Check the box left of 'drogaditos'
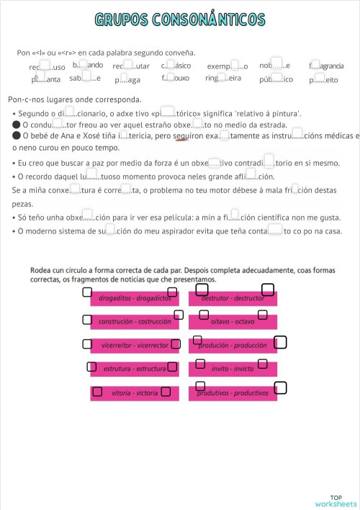click(x=86, y=292)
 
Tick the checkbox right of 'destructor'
click(x=268, y=290)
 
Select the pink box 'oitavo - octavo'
click(x=232, y=321)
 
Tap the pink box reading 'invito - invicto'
click(x=232, y=368)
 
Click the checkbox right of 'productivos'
click(x=281, y=388)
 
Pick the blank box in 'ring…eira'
click(x=222, y=77)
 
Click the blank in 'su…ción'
click(x=111, y=231)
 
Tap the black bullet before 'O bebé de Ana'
click(x=16, y=135)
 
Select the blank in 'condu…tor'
click(x=60, y=125)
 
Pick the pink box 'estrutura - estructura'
click(x=135, y=369)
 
